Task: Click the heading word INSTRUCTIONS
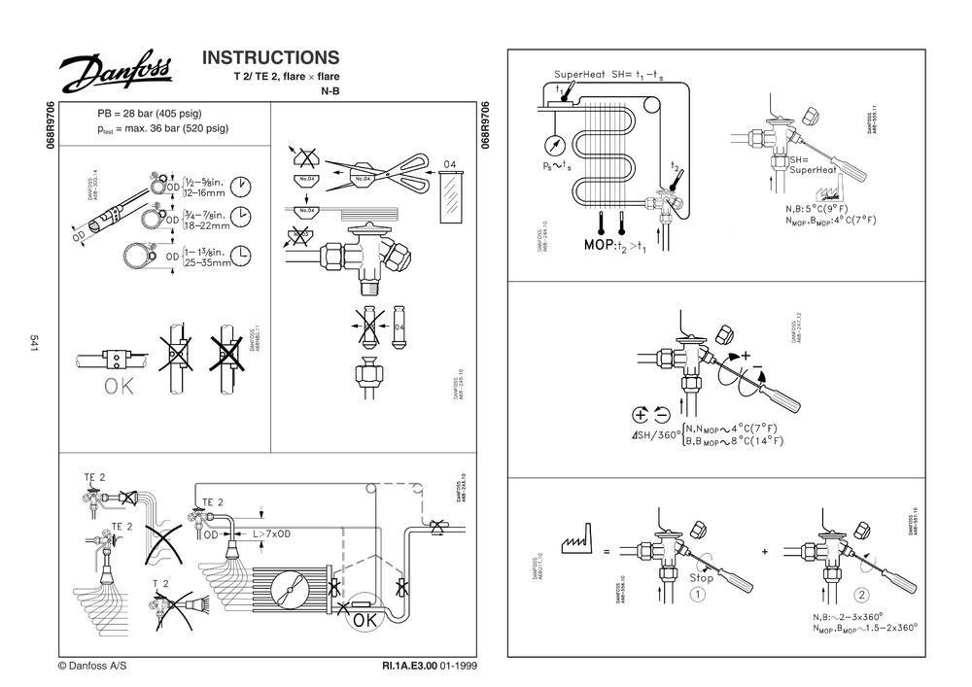270,57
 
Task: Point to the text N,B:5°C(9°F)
828,208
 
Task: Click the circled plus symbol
641,412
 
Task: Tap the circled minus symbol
662,412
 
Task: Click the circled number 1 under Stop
697,595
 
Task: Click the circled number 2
861,595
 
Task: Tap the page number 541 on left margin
34,343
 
